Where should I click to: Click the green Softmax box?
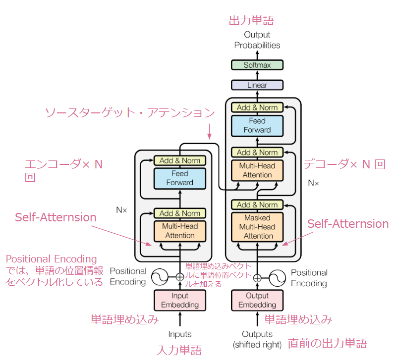click(257, 65)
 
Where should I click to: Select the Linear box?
click(257, 85)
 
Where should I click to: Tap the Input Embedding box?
click(179, 300)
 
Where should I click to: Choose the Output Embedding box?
click(257, 300)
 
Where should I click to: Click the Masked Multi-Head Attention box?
click(257, 227)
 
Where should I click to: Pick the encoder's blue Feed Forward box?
click(179, 178)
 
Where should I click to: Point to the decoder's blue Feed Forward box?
click(257, 125)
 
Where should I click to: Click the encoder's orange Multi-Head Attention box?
click(179, 231)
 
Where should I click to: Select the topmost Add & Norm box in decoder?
click(257, 107)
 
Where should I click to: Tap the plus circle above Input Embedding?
click(179, 277)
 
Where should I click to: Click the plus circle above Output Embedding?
click(257, 277)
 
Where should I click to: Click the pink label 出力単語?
click(251, 21)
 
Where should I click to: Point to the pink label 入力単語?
click(179, 351)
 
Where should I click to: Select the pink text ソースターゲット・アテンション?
click(130, 113)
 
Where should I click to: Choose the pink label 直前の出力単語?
click(328, 343)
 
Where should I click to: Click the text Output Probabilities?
click(257, 40)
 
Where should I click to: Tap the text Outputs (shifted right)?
click(257, 339)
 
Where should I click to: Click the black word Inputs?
click(179, 334)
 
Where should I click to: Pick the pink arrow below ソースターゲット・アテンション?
click(209, 130)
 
